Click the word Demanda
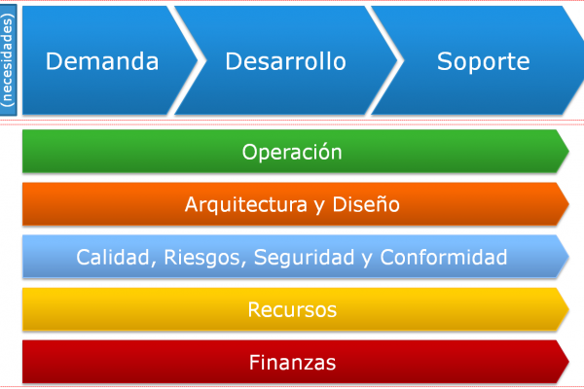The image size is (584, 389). tap(102, 61)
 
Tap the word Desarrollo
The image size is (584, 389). tap(285, 61)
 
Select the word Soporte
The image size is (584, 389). tap(483, 61)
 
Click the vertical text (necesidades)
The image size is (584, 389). tap(8, 60)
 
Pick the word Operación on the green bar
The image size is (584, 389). tap(292, 152)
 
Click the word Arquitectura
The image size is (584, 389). tap(246, 204)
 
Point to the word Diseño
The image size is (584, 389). tap(366, 204)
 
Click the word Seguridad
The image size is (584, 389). tap(305, 258)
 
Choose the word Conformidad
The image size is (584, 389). tap(444, 257)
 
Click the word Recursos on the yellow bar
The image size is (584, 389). tap(292, 309)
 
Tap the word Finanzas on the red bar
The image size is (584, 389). tap(292, 362)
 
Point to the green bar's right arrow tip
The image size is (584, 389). tap(568, 151)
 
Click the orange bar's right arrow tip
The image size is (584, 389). tap(568, 204)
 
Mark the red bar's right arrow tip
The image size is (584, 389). tap(568, 362)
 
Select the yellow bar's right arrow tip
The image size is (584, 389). tap(568, 309)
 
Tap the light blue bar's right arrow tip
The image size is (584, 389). tap(568, 257)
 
